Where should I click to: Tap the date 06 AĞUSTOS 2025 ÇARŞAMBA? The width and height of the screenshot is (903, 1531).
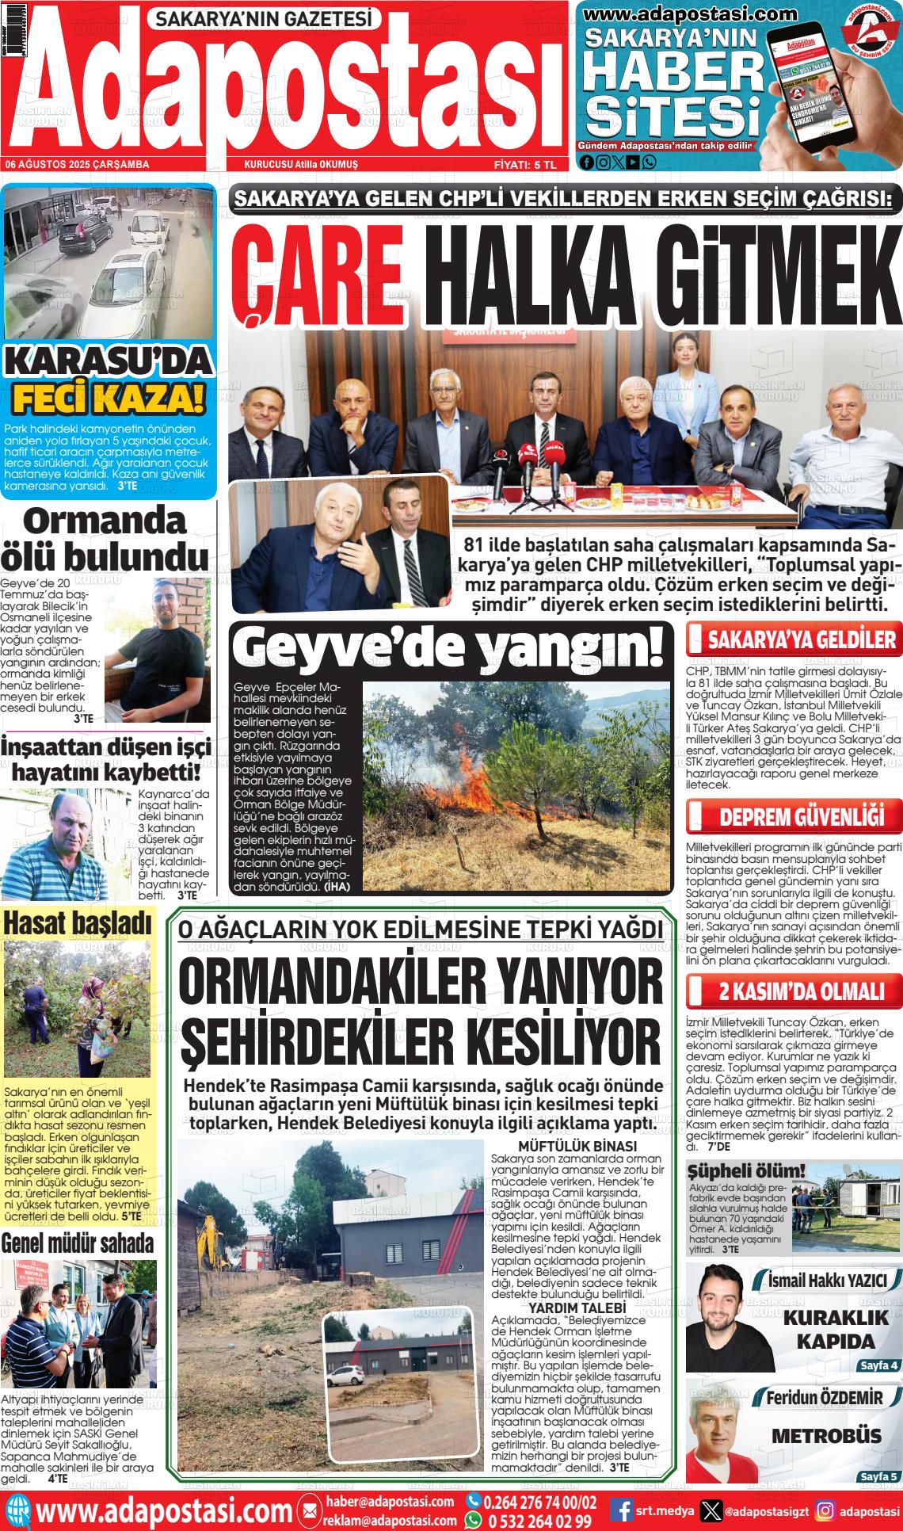point(78,165)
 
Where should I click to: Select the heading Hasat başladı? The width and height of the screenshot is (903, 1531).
point(77,922)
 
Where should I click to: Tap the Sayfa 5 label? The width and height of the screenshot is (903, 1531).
point(878,1477)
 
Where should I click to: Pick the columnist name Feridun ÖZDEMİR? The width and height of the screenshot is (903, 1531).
point(824,1398)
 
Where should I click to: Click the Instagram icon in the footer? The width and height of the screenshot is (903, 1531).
point(825,1510)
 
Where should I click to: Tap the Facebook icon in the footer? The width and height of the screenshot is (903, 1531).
point(623,1510)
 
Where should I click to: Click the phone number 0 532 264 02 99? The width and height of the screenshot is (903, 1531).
point(539,1521)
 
